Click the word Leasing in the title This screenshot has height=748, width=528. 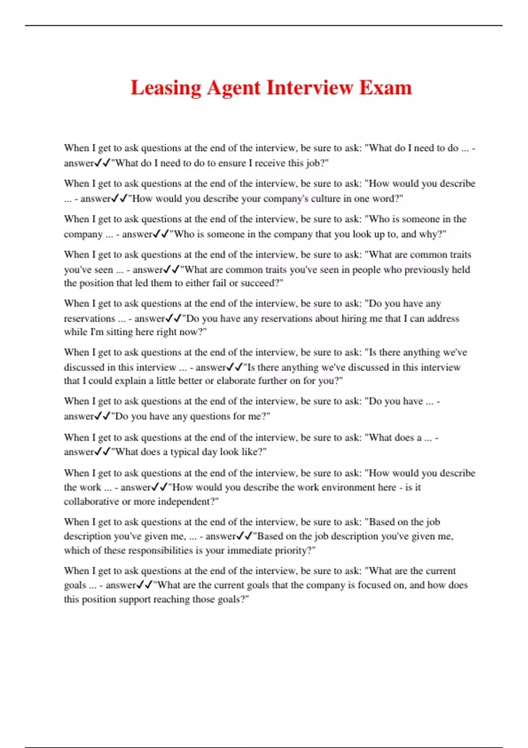166,88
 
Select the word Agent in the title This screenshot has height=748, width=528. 234,88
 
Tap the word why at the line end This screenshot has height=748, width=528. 433,234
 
